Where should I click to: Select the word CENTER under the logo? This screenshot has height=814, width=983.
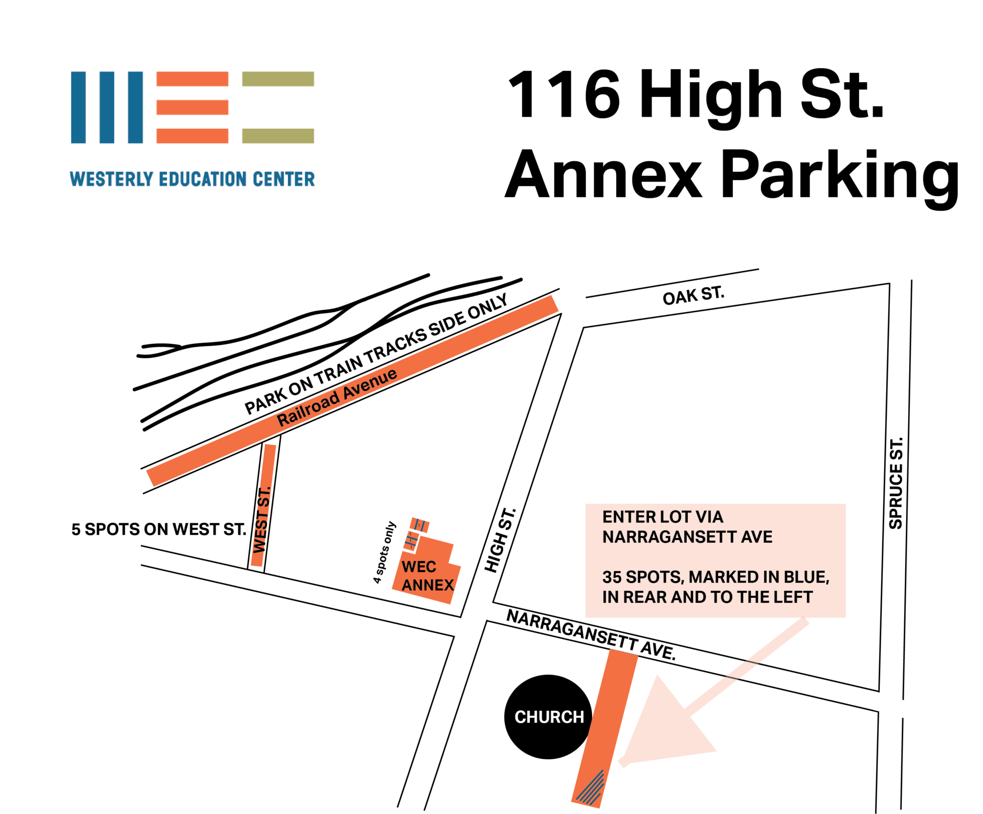point(284,179)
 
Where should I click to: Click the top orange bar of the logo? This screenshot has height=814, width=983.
point(192,79)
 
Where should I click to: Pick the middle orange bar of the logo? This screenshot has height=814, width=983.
point(192,107)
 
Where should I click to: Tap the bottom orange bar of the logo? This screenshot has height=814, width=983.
point(192,136)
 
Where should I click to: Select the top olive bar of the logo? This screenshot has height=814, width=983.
point(278,79)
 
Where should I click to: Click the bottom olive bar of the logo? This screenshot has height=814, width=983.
point(278,136)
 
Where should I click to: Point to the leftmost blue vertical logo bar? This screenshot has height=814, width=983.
point(78,107)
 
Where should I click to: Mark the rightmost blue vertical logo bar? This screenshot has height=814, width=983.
point(135,107)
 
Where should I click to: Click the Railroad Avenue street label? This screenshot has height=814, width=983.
point(337,398)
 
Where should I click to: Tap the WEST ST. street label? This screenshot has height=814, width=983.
point(262,520)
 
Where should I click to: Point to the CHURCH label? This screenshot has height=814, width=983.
point(549,717)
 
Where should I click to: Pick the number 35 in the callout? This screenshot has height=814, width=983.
point(612,577)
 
